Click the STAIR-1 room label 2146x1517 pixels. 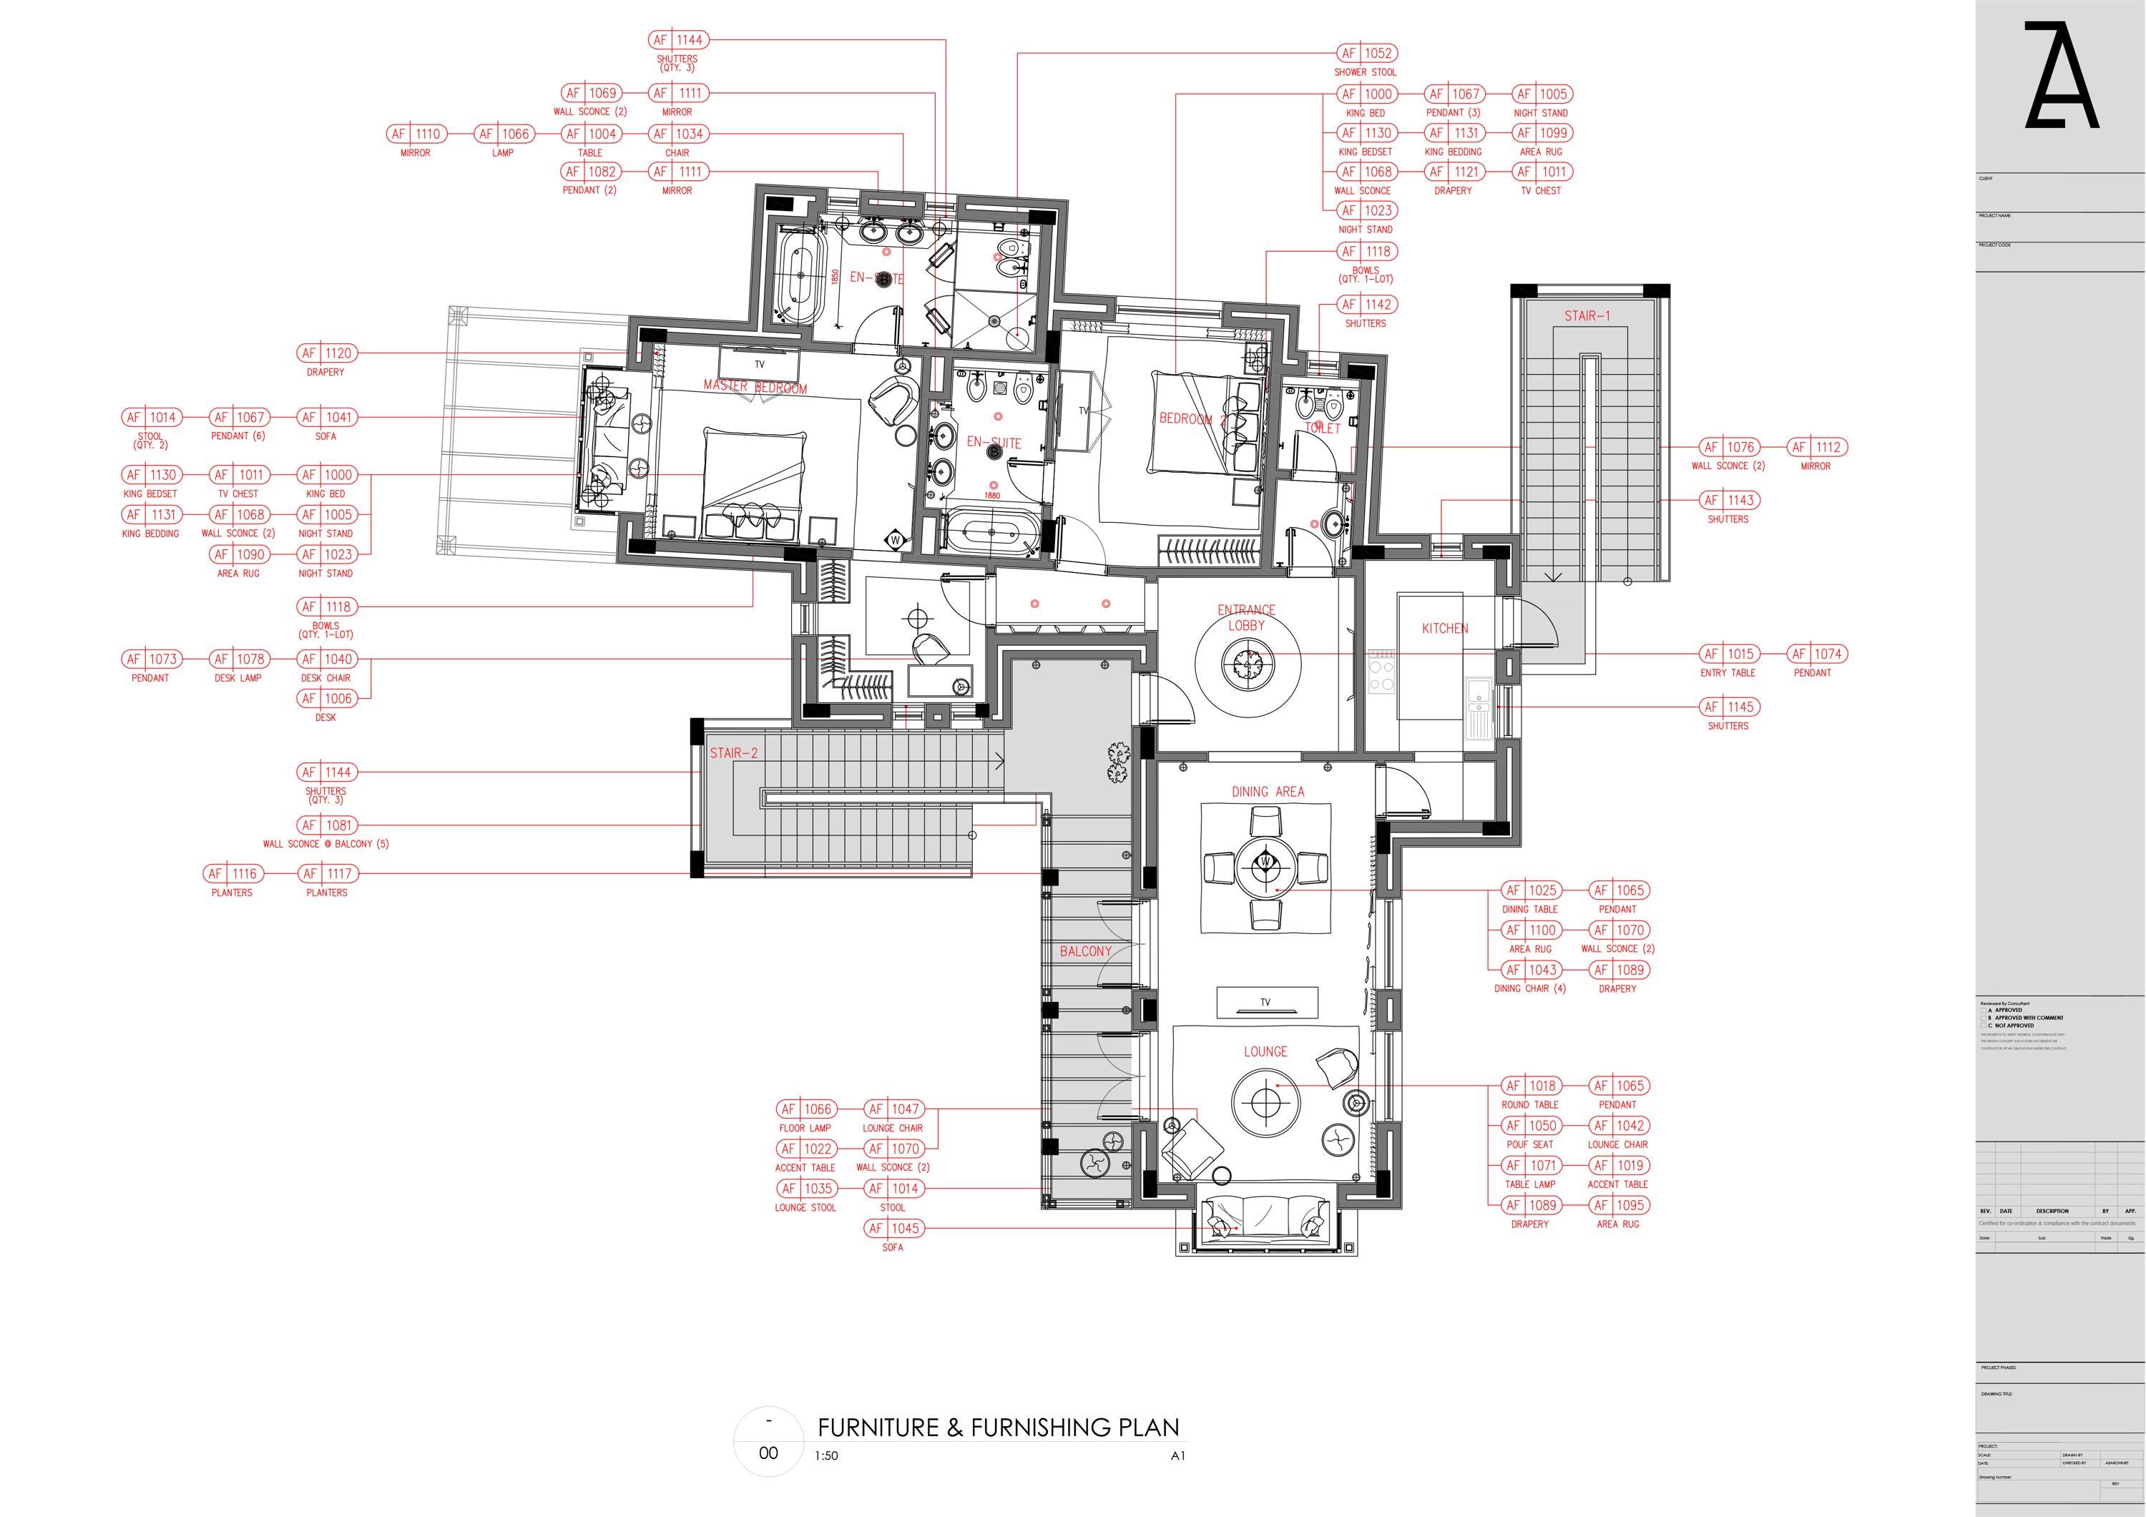coord(1587,316)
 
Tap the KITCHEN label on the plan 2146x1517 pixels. coord(1444,628)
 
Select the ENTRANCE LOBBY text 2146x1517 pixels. coord(1246,618)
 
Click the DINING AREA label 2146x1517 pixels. coord(1268,792)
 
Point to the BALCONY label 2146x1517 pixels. coord(1085,951)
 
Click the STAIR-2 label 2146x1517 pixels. coord(734,752)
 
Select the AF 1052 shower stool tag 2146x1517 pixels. coord(1368,53)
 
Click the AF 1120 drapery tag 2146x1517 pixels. coord(326,353)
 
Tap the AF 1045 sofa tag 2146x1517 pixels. coord(893,1228)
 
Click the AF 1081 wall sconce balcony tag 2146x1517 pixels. coord(326,825)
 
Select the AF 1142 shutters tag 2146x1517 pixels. coord(1368,305)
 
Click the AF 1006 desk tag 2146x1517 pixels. coord(326,698)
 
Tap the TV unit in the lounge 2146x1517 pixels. coord(1265,1002)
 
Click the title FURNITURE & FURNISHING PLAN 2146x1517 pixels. coord(998,1428)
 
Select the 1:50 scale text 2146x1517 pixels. coord(826,1455)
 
